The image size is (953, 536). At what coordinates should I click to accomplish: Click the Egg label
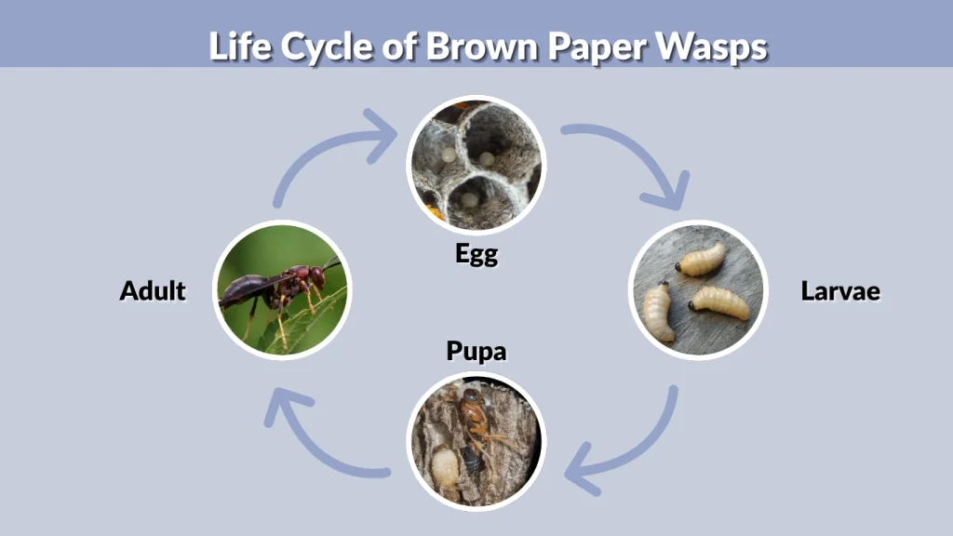pos(476,253)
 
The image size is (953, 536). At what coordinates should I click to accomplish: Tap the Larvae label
pos(840,290)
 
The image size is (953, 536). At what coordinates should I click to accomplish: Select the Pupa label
pos(476,352)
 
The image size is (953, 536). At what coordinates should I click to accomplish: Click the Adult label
pos(153,290)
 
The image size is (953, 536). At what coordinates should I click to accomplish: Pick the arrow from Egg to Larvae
pos(633,158)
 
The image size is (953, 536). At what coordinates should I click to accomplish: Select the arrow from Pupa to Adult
pos(316,437)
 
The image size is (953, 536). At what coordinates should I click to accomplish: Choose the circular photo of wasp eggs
pos(476,164)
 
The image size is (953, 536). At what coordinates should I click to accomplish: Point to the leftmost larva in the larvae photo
pos(659,311)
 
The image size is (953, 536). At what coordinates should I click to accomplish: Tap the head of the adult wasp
pos(317,276)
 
